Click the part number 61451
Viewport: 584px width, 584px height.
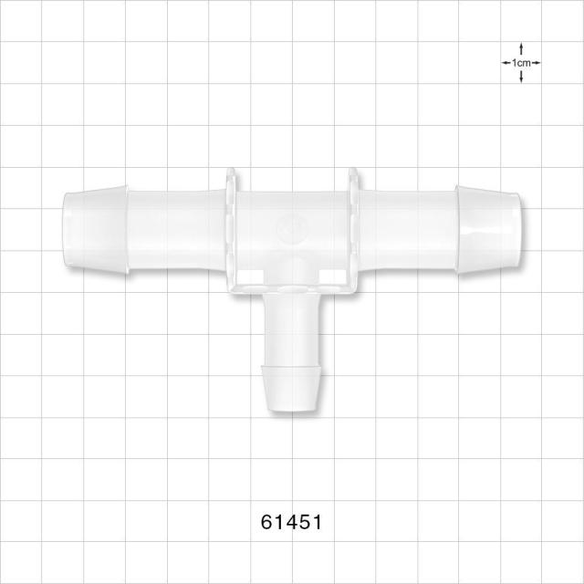coord(291,522)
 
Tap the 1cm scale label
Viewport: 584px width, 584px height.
coord(521,63)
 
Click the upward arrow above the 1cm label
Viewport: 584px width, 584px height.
coord(521,50)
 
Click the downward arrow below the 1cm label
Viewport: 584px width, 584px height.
coord(521,77)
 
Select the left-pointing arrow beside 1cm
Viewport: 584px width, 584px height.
coord(506,63)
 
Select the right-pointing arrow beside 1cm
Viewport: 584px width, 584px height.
coord(536,63)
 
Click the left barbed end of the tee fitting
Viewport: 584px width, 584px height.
coord(95,229)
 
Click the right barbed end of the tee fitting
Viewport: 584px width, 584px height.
coord(488,229)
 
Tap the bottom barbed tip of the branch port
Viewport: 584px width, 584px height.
coord(292,389)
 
